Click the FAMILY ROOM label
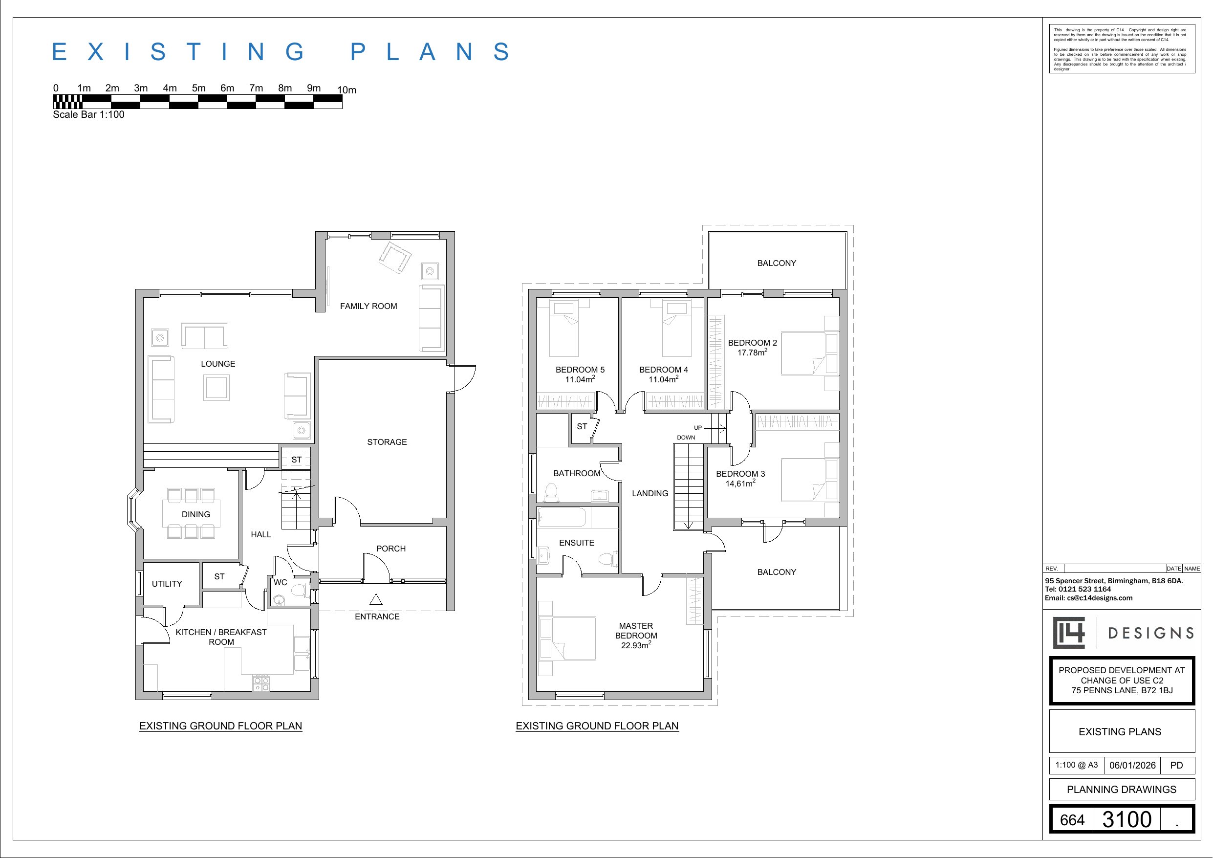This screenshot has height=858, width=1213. point(368,306)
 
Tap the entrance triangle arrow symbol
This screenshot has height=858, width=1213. point(376,599)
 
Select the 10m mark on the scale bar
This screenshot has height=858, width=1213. point(347,90)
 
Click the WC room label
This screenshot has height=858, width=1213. point(280,583)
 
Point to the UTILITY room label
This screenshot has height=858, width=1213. point(167,584)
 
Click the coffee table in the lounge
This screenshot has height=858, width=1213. point(217,388)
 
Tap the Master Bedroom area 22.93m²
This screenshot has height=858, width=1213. point(635,645)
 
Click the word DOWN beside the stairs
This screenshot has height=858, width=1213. point(686,438)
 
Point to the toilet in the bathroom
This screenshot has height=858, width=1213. point(552,492)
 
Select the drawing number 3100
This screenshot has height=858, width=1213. point(1127,819)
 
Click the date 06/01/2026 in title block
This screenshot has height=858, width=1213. point(1132,766)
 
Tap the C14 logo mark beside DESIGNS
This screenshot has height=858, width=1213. point(1069,633)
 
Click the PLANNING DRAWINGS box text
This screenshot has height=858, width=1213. point(1121,789)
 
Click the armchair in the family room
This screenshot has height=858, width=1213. point(395,258)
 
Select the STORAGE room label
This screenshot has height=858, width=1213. point(387,442)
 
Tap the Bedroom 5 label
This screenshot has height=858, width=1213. point(580,370)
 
